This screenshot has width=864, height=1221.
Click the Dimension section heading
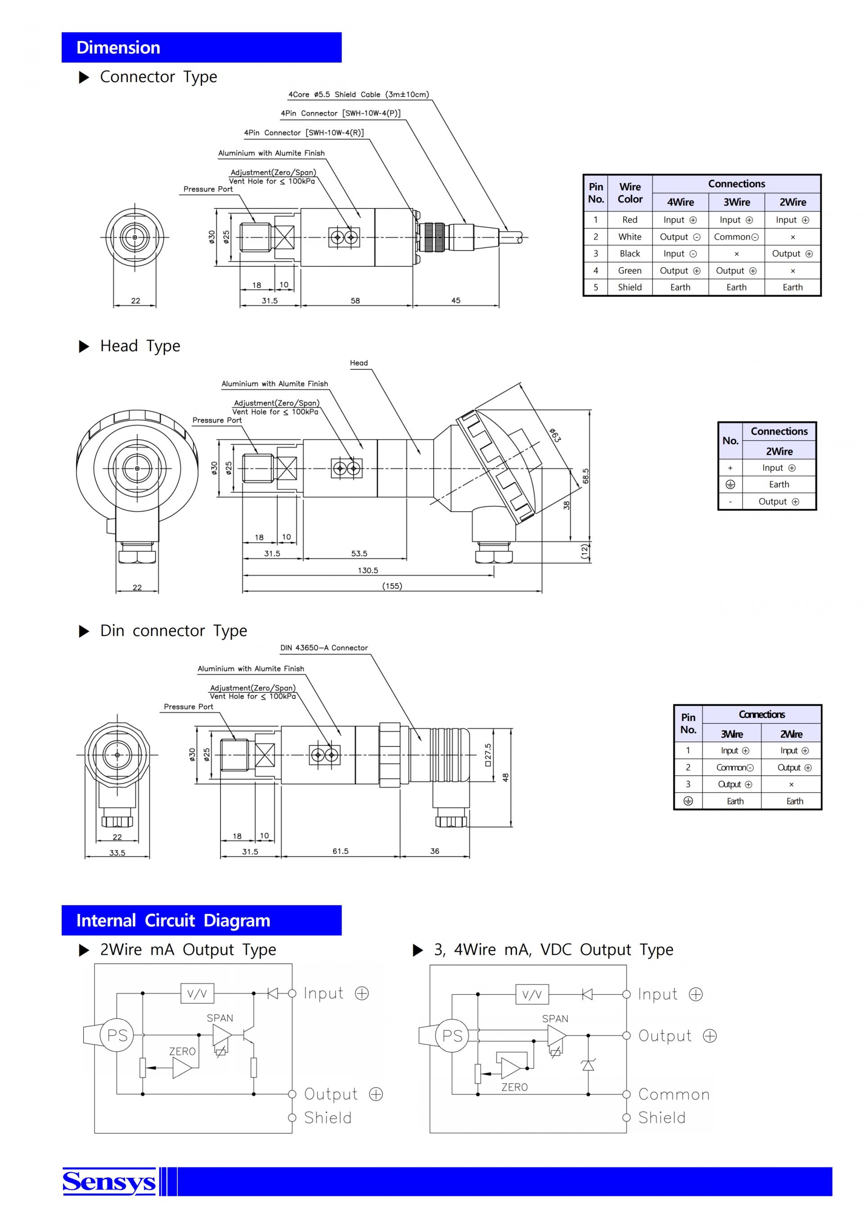(x=118, y=47)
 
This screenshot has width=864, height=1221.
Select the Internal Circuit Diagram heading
(x=173, y=920)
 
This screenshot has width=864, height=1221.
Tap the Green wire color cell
(x=630, y=271)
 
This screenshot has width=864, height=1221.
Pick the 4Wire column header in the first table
(x=680, y=202)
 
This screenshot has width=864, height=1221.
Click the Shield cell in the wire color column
(x=630, y=287)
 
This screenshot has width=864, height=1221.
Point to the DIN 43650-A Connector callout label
(x=324, y=648)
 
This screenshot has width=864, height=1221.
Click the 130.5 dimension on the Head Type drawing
(x=368, y=571)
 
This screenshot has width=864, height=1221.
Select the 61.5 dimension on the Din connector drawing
(x=341, y=851)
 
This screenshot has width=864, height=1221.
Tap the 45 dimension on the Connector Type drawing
(x=456, y=300)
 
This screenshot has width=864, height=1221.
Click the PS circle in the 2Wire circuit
(x=117, y=1035)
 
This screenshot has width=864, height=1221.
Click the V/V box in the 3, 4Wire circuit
(x=532, y=994)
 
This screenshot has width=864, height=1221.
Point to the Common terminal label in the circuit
(x=674, y=1095)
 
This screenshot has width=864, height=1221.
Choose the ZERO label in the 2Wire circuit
(x=183, y=1051)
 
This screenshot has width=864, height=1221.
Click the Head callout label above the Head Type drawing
(x=359, y=363)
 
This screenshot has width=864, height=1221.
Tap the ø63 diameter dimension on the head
(x=555, y=434)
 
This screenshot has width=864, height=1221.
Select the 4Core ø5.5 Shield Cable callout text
(x=359, y=94)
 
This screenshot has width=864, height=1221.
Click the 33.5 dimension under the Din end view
(x=117, y=853)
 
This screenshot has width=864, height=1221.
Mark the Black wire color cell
(x=630, y=254)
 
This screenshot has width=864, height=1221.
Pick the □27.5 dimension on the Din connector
(x=488, y=755)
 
